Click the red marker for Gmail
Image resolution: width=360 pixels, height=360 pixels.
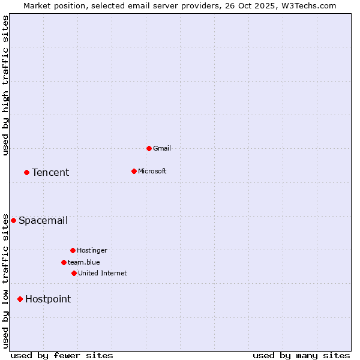[149, 148]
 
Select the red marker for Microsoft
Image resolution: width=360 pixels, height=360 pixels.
[134, 171]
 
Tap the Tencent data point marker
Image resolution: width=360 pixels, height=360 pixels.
[26, 172]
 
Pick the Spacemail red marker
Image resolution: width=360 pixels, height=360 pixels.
[13, 220]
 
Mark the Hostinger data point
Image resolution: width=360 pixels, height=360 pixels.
[73, 250]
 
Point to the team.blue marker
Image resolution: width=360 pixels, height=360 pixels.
[64, 262]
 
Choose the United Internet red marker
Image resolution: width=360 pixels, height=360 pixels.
[74, 273]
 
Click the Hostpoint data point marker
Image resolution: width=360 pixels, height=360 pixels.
[20, 299]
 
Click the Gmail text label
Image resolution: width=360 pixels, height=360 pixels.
[162, 148]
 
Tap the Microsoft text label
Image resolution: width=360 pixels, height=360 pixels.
[152, 171]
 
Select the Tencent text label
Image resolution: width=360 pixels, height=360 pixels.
[50, 172]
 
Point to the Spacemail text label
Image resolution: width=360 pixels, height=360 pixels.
[43, 220]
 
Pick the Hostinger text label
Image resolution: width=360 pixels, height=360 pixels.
[92, 250]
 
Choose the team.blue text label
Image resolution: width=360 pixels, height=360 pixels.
[83, 262]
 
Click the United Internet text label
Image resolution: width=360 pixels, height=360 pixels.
[102, 273]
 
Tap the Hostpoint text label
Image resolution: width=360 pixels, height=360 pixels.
[48, 299]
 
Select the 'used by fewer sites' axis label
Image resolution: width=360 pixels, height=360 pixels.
[62, 355]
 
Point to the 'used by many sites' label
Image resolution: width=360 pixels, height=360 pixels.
[301, 355]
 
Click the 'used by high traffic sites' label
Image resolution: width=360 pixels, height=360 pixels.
[5, 85]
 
